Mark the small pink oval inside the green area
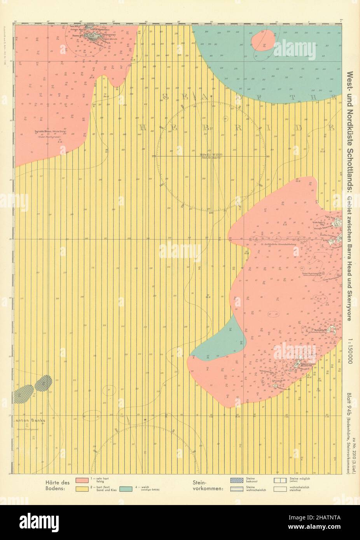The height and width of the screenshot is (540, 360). [x=263, y=40]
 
